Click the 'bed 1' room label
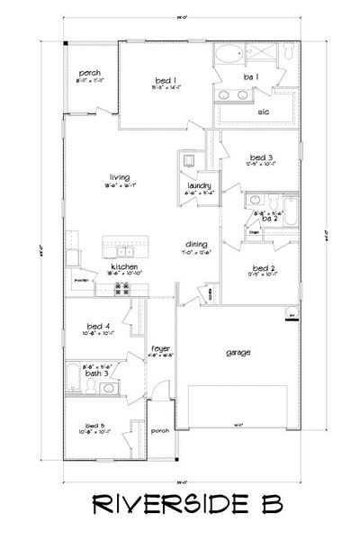[163, 82]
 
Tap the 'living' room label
[114, 179]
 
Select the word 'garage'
[238, 352]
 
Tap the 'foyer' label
[136, 346]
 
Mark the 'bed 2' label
[262, 267]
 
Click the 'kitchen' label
[122, 266]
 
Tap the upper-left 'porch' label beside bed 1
[89, 73]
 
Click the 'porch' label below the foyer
[160, 430]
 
